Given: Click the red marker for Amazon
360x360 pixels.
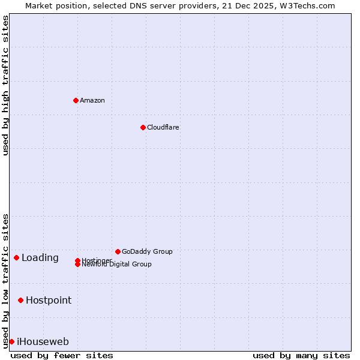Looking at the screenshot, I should tap(76, 100).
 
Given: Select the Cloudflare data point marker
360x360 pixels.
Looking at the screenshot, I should tap(143, 127).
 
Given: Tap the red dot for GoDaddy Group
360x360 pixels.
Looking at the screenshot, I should tap(118, 251).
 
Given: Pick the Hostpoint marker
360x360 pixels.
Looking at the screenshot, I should tap(20, 300).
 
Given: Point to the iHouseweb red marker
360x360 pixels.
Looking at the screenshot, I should tap(11, 341).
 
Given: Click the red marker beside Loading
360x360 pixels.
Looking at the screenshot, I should tap(16, 257).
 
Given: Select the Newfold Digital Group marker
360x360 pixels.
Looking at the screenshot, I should tap(78, 265).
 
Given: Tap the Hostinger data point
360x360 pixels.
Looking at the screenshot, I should tap(77, 260).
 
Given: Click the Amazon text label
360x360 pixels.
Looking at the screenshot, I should tap(92, 100).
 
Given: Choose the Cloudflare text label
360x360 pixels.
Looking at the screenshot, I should tap(163, 127).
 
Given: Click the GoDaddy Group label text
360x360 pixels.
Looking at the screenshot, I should tap(147, 251).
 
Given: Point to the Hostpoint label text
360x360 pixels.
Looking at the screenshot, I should tap(49, 300).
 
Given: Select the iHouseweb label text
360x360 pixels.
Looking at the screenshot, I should tap(43, 342).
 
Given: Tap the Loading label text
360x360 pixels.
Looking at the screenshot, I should tap(40, 258).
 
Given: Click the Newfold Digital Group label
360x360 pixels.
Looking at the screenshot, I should tap(117, 265).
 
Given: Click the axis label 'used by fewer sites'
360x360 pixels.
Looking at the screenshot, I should tap(62, 355).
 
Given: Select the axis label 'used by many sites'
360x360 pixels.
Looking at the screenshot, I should tap(301, 355).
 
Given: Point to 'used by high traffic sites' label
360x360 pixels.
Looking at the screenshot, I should tap(5, 85).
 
